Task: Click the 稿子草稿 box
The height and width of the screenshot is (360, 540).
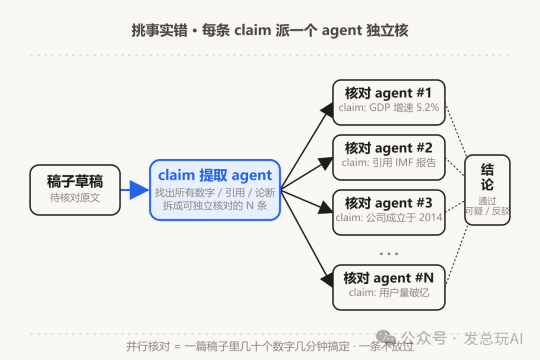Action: tap(75, 190)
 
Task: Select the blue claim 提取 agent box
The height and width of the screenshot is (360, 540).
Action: tap(215, 190)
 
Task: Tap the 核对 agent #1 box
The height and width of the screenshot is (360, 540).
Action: tap(389, 102)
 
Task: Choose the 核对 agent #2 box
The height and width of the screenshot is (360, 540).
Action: tap(389, 157)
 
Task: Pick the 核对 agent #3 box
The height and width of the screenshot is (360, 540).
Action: tap(389, 212)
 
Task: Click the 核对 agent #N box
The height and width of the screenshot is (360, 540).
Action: tap(389, 287)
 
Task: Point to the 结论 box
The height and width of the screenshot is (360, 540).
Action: tap(487, 190)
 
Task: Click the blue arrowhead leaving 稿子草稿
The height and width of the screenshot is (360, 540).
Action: tap(139, 190)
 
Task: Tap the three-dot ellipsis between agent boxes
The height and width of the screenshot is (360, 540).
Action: tap(389, 254)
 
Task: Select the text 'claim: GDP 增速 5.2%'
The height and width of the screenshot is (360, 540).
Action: tap(389, 107)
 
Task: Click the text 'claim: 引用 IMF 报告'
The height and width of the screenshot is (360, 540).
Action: tap(389, 162)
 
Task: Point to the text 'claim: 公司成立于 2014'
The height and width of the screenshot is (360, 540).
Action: tap(389, 217)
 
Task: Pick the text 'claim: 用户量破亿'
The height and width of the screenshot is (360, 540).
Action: tap(389, 293)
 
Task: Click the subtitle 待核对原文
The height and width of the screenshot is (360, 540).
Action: tap(75, 197)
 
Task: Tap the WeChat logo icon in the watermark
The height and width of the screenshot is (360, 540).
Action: tap(386, 337)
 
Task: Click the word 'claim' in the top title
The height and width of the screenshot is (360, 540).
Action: tap(253, 30)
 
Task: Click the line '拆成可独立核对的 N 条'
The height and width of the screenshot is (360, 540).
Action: tap(215, 205)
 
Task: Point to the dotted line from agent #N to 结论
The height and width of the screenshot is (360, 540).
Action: tap(456, 255)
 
